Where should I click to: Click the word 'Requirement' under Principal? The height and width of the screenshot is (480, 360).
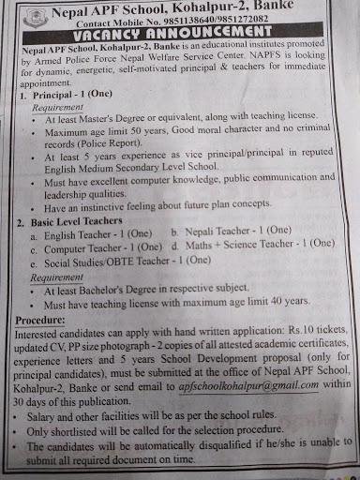click(55, 109)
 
